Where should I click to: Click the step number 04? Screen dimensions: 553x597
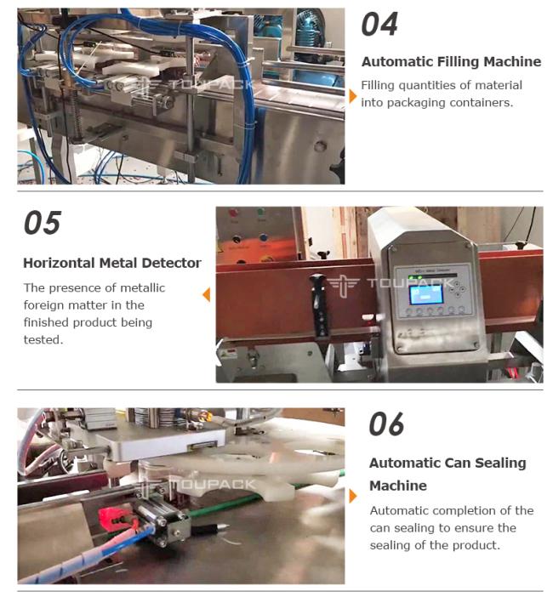379,25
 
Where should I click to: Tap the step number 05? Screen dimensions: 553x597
42,223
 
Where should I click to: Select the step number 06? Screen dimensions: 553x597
386,424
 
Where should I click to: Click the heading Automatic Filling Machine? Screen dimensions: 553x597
451,62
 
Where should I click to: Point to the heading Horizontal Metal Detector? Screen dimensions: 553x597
112,263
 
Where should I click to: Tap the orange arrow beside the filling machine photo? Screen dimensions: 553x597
353,96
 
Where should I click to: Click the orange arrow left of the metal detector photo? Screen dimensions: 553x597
207,295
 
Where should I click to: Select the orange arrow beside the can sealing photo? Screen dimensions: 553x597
353,496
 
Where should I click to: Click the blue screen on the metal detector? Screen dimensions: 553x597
425,295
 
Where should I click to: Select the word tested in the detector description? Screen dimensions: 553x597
43,339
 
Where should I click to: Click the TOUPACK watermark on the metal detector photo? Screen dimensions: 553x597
391,284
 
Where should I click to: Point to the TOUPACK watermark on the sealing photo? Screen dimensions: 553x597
198,484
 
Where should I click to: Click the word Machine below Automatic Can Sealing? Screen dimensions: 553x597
398,486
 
